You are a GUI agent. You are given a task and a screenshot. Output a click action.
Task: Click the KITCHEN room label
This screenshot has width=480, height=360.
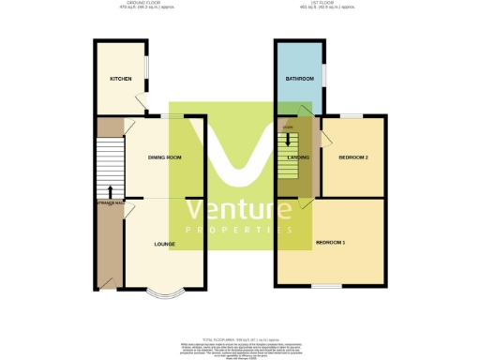(120, 79)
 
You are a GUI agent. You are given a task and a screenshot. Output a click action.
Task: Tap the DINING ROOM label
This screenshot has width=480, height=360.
(164, 157)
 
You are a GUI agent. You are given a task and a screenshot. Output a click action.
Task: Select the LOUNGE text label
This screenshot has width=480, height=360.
(165, 244)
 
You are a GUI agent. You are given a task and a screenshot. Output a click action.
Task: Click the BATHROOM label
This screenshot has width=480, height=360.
(299, 79)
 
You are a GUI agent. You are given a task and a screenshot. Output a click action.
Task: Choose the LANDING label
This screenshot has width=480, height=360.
(297, 157)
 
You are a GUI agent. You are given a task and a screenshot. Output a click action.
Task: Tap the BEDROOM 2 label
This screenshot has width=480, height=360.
(353, 157)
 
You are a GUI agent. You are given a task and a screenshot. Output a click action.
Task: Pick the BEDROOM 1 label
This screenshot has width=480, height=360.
(330, 244)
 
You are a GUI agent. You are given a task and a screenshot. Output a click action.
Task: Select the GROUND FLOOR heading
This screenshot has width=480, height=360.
(120, 5)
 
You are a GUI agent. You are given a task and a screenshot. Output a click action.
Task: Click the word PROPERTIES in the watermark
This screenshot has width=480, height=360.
(239, 230)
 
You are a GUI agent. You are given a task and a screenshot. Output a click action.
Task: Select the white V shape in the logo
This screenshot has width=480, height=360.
(239, 155)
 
